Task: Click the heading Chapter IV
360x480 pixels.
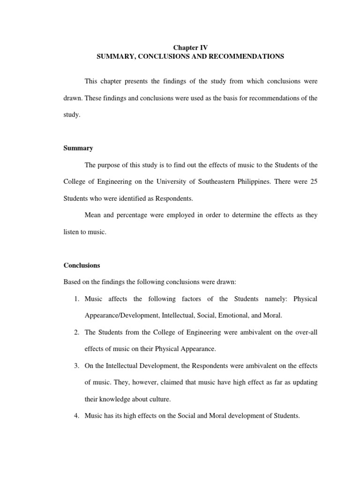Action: click(x=190, y=47)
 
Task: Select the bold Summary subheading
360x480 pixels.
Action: click(x=78, y=148)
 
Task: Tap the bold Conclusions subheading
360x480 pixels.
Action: click(x=82, y=265)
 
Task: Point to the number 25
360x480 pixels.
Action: click(x=314, y=181)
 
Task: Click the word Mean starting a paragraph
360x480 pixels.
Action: click(x=93, y=215)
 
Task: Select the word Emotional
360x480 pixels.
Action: click(x=227, y=315)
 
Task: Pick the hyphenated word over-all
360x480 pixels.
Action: click(x=306, y=332)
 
